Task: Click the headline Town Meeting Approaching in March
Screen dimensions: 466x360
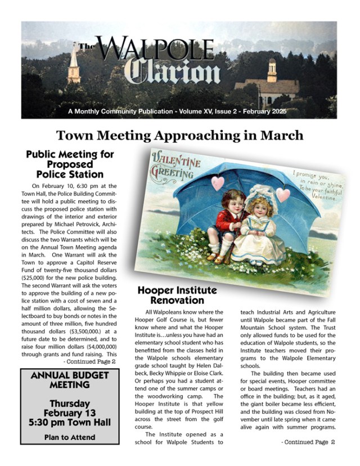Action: pyautogui.click(x=180, y=135)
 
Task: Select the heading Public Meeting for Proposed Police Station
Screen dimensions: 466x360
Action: pyautogui.click(x=70, y=164)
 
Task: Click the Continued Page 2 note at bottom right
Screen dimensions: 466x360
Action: pyautogui.click(x=308, y=442)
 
